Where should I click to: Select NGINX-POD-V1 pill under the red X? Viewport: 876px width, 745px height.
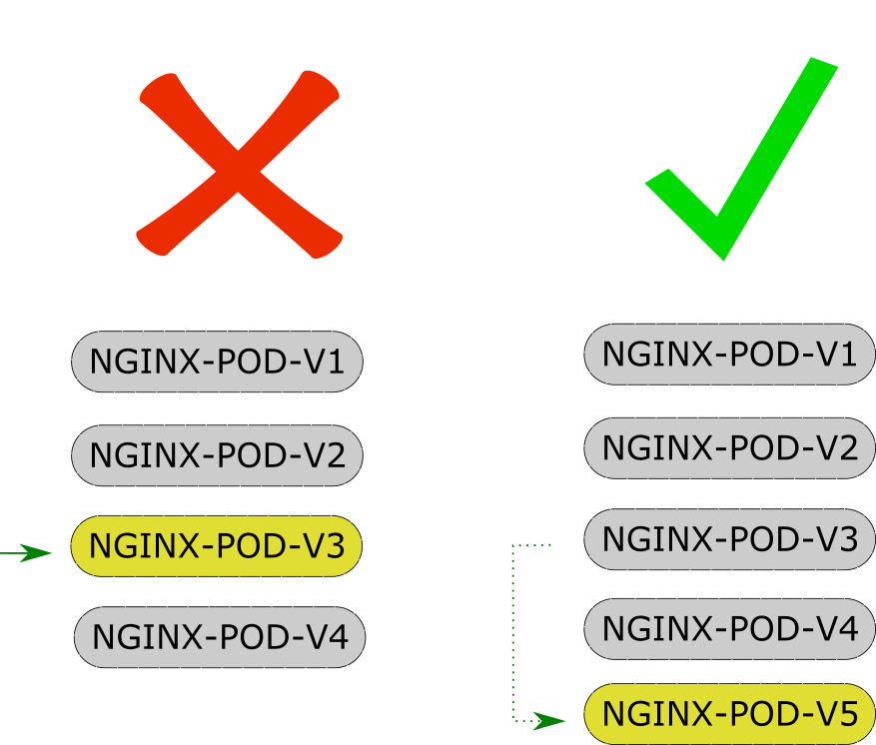pyautogui.click(x=217, y=362)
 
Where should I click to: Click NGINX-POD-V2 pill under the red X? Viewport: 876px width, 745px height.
pyautogui.click(x=217, y=455)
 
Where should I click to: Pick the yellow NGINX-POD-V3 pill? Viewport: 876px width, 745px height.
pyautogui.click(x=217, y=546)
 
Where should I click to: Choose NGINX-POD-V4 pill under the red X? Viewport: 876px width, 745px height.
pyautogui.click(x=220, y=636)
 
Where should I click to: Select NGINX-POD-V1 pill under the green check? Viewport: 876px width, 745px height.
pyautogui.click(x=729, y=354)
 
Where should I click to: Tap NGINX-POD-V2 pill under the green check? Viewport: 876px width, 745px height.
pyautogui.click(x=729, y=447)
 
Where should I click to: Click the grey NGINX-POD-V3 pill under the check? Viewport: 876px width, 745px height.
pyautogui.click(x=729, y=539)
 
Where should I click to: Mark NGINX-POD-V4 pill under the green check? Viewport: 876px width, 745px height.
pyautogui.click(x=729, y=629)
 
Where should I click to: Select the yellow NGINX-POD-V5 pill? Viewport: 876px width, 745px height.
pyautogui.click(x=729, y=715)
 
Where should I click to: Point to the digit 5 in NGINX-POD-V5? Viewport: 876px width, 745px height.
pyautogui.click(x=847, y=715)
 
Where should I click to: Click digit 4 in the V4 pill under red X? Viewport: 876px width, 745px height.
pyautogui.click(x=337, y=636)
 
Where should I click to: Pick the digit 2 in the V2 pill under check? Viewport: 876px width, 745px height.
pyautogui.click(x=847, y=447)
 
